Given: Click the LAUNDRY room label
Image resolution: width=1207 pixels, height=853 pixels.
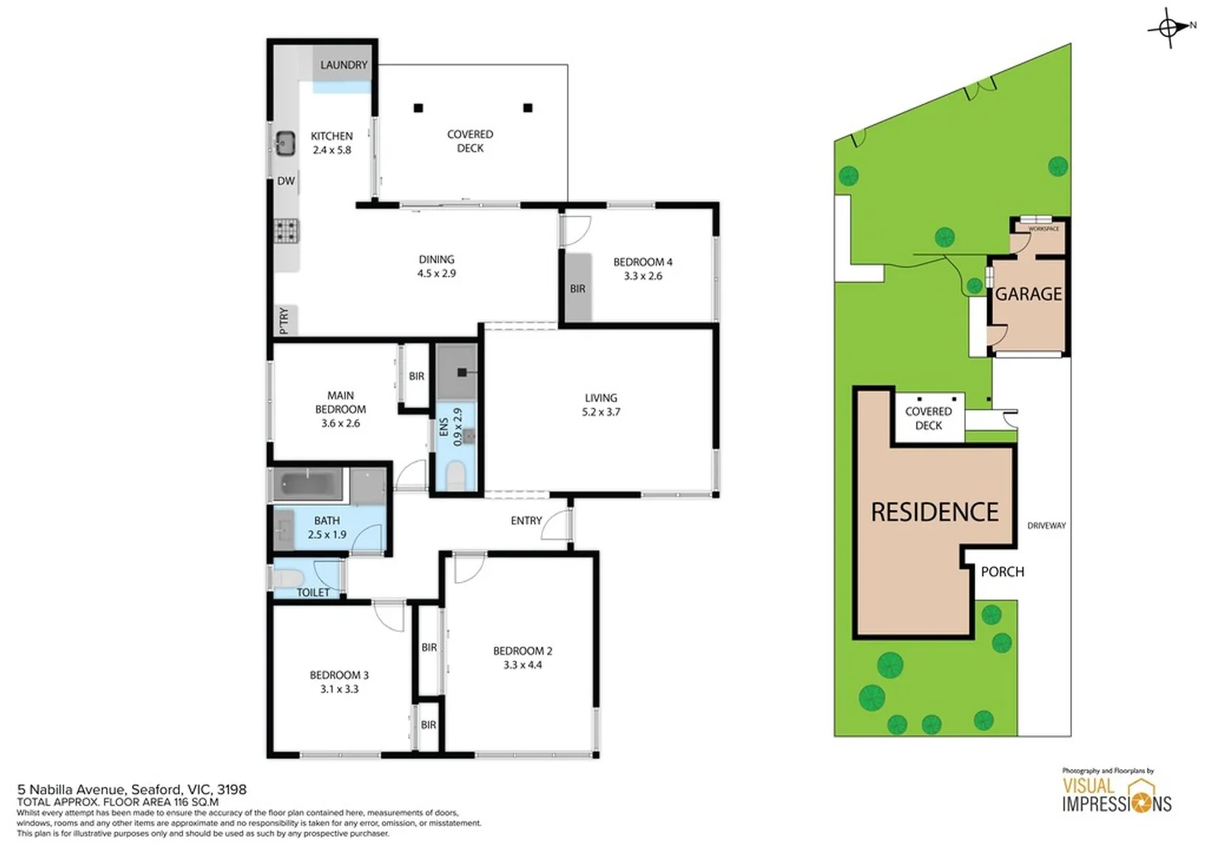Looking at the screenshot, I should tap(343, 65).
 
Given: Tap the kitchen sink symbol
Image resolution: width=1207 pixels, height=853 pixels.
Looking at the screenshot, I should tap(285, 143).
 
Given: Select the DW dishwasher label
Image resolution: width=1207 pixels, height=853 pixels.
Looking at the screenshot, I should tap(285, 181).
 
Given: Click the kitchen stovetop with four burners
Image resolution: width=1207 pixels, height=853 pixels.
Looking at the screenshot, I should tap(285, 231).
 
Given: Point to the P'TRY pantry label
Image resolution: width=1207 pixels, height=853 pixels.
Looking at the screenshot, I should tap(285, 320).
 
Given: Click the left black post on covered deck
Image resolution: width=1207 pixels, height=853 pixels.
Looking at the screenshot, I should tap(418, 108).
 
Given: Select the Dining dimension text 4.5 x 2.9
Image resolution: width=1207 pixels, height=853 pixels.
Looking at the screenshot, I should tap(436, 273).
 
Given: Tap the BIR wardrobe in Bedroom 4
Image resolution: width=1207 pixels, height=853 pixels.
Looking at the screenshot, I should tap(578, 288).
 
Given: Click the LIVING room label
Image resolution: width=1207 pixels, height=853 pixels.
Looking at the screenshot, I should tap(601, 398).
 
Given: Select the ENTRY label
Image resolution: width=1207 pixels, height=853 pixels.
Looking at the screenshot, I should tap(526, 520).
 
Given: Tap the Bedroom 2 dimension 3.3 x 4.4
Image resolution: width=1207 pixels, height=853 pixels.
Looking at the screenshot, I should tap(522, 665).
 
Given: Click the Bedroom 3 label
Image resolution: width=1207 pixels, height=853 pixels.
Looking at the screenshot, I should tap(339, 675).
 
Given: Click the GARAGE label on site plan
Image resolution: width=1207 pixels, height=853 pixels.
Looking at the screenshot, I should tap(1028, 294).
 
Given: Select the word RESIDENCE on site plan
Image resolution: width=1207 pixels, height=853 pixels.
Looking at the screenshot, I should tap(934, 512).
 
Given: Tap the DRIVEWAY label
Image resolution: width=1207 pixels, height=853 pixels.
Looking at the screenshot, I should tap(1047, 525).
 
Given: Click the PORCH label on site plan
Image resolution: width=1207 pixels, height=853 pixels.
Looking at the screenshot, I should tap(1002, 572).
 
